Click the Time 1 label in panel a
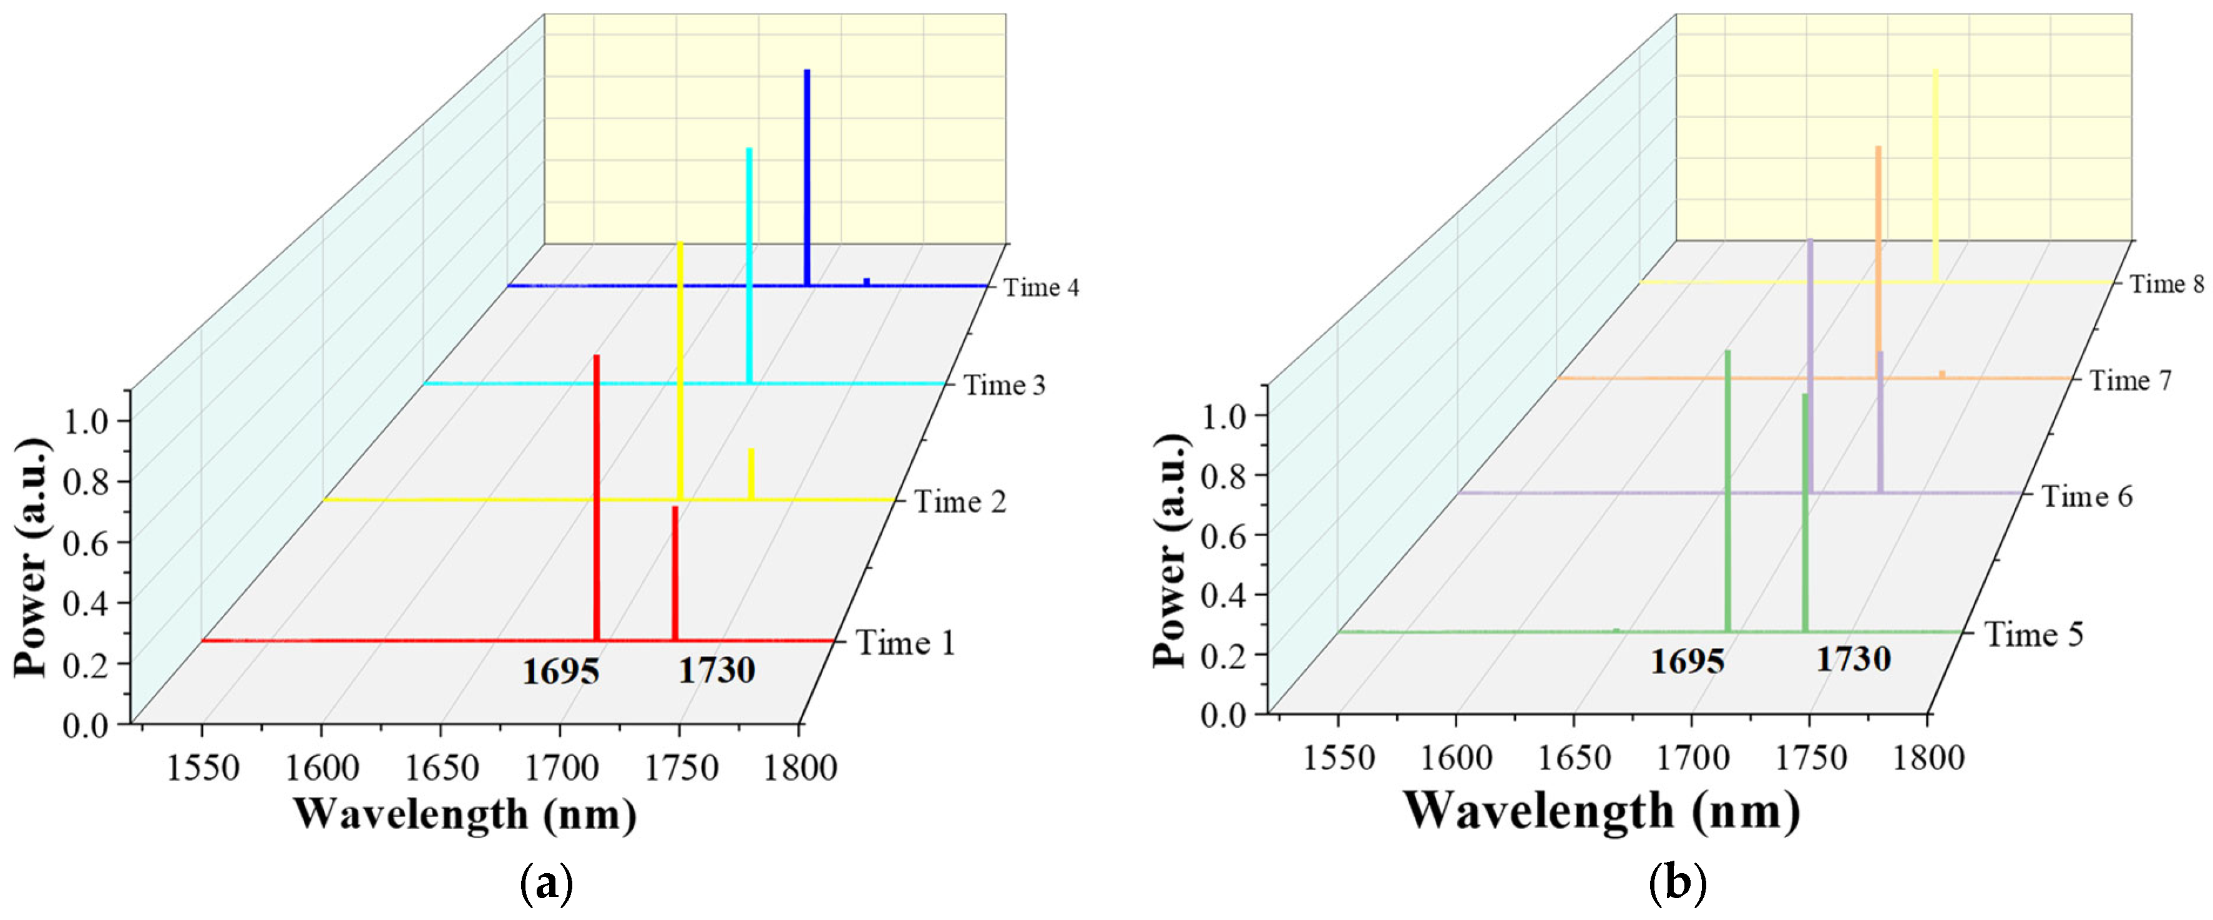pyautogui.click(x=906, y=642)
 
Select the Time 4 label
pyautogui.click(x=1041, y=287)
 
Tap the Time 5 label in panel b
pyautogui.click(x=2033, y=634)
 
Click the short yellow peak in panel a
pyautogui.click(x=751, y=473)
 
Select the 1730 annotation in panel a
pyautogui.click(x=716, y=670)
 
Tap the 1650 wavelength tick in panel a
pyautogui.click(x=441, y=766)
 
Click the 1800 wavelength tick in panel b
pyautogui.click(x=1928, y=758)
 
